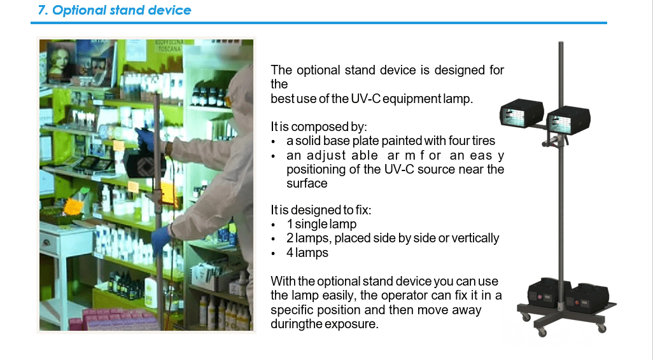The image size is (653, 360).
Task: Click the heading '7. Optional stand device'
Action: coord(115,10)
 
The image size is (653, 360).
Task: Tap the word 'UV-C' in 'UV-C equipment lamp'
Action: coord(365,99)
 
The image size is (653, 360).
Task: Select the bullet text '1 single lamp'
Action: coord(321,224)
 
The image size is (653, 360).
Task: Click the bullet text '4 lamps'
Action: coord(307,253)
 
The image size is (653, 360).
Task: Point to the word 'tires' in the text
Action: coord(484,141)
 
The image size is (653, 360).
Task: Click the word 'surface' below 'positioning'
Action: coord(307,184)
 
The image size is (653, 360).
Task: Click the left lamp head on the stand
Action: coord(522,113)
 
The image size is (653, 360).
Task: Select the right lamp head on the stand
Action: coord(568,120)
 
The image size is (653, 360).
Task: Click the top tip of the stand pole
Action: coord(561,42)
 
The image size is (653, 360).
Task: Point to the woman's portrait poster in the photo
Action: coord(62,62)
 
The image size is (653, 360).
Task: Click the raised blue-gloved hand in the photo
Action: coord(144,139)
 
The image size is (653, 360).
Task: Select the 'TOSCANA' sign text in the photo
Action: coord(169,49)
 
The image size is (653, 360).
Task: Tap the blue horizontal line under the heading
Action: coord(319,23)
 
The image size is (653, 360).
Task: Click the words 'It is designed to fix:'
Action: coord(321,210)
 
